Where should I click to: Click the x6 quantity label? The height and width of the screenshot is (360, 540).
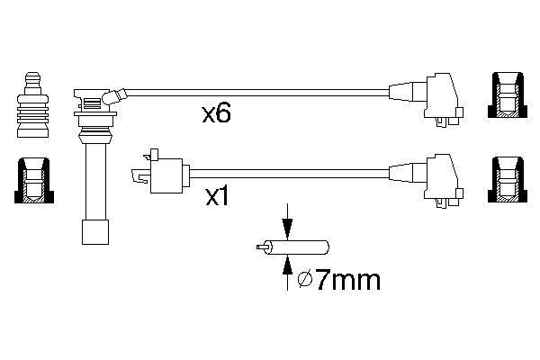point(216,113)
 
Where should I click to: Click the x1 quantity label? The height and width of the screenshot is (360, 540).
point(217,197)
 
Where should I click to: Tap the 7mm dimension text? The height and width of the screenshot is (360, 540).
point(348,280)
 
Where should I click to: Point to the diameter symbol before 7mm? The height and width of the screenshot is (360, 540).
point(305,281)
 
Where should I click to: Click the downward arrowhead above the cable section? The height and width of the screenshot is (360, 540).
point(287,229)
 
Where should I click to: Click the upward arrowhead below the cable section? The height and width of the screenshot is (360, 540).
point(287,265)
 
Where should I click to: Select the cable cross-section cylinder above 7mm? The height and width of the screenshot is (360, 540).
point(298,247)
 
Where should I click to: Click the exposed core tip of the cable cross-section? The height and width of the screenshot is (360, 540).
point(261,247)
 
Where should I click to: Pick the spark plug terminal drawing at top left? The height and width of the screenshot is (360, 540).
point(32,105)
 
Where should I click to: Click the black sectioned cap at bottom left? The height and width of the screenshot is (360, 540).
point(34,181)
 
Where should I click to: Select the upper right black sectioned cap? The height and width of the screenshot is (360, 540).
point(508,95)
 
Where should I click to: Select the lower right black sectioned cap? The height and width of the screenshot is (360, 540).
point(508,180)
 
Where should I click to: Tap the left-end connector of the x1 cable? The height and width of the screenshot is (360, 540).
point(161,172)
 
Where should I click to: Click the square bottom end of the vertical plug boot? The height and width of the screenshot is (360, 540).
point(95,232)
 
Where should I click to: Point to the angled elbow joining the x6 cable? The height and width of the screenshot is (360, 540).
point(114,96)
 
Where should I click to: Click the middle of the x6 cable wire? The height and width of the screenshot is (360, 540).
point(258,93)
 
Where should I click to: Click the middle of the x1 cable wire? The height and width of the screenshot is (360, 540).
point(289,174)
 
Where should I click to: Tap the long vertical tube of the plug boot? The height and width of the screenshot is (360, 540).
point(95,181)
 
